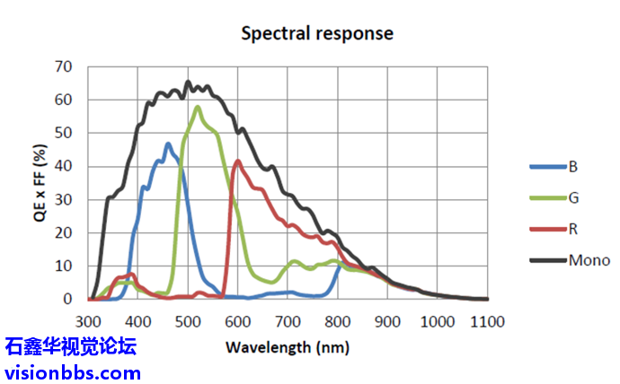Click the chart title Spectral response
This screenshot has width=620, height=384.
click(x=316, y=34)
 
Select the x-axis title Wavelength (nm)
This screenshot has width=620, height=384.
click(x=288, y=346)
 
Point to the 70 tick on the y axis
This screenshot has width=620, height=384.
click(x=63, y=66)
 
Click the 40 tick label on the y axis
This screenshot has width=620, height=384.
click(x=63, y=166)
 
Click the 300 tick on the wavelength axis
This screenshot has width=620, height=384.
click(x=88, y=321)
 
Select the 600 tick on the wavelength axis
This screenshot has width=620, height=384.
click(x=237, y=321)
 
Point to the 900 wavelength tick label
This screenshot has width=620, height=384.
click(x=387, y=321)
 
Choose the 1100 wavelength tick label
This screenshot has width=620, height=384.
click(x=486, y=321)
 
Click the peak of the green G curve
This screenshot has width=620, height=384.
click(x=198, y=108)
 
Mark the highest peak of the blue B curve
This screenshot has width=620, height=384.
click(x=167, y=144)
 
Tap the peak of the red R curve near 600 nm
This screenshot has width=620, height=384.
click(x=238, y=161)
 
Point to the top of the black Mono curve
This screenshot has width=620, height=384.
click(x=188, y=83)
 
